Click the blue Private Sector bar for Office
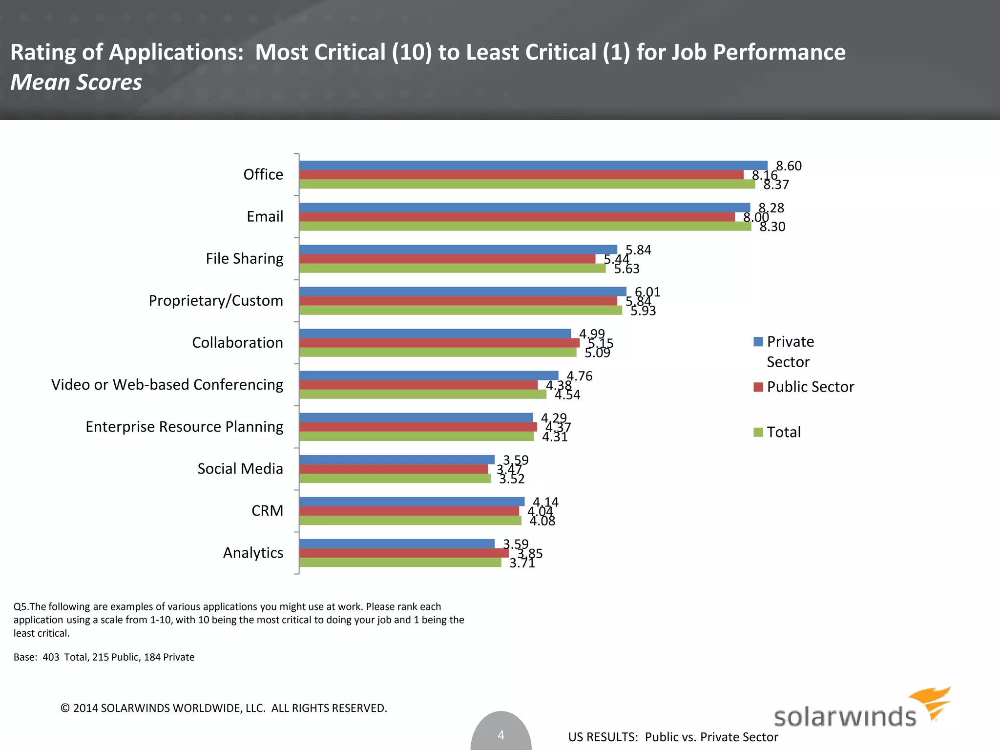point(532,166)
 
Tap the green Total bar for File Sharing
point(452,268)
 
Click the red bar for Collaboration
point(439,343)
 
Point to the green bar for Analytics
point(400,562)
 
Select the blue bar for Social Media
point(396,459)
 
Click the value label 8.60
point(789,166)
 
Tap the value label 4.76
point(579,376)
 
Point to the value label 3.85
point(530,553)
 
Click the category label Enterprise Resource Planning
point(184,427)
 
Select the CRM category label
point(267,511)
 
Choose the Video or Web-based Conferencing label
point(167,385)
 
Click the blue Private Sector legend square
point(758,342)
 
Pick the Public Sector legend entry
point(810,387)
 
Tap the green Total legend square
point(758,432)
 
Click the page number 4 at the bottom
point(500,735)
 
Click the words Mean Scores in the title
point(76,82)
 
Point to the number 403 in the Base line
point(51,657)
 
